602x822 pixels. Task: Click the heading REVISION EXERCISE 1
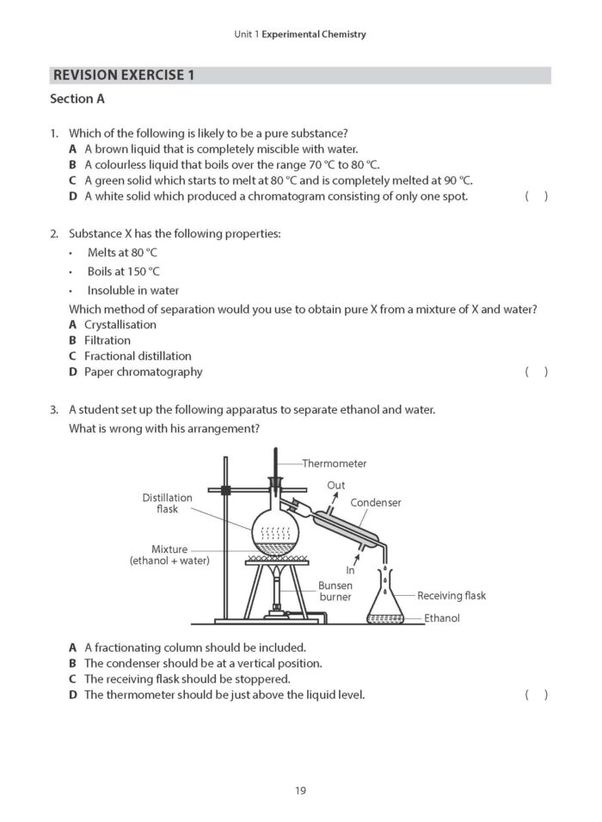124,75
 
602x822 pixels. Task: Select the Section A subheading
77,99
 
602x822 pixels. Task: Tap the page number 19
300,790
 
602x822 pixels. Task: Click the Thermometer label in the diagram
334,463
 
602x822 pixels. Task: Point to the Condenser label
376,502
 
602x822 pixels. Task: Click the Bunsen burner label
335,591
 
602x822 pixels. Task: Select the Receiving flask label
451,595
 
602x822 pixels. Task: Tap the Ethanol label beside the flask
442,617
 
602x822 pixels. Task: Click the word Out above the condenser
335,486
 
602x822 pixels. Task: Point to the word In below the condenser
350,569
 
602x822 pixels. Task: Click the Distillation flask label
168,503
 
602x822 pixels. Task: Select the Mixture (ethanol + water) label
169,555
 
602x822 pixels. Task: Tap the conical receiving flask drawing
385,602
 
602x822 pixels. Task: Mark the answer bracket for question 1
536,197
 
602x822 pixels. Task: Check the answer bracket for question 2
536,371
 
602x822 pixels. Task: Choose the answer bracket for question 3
536,695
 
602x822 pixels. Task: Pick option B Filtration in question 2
107,340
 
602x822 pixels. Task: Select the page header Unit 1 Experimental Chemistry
300,34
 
